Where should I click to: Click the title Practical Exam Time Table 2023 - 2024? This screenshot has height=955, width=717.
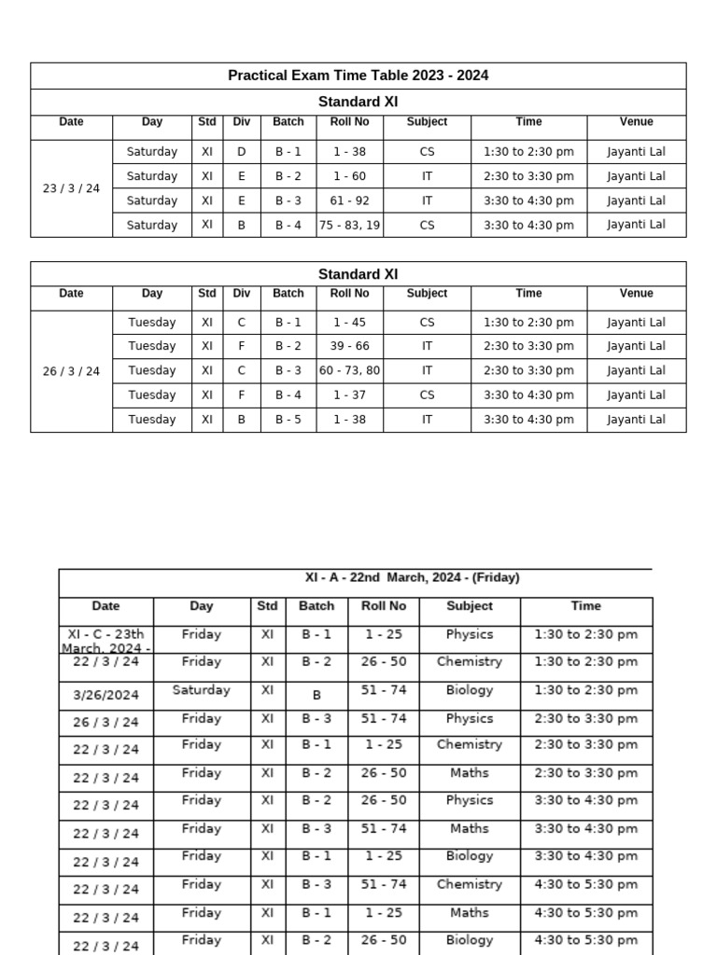tap(358, 76)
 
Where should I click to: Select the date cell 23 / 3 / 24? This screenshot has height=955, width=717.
tap(71, 188)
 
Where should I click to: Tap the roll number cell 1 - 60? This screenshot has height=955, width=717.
tap(349, 176)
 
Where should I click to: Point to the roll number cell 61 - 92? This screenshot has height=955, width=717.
tap(349, 201)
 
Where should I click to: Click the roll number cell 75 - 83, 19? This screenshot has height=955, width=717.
tap(349, 225)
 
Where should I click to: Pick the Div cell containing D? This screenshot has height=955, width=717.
tap(242, 151)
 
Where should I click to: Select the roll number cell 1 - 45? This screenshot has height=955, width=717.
tap(349, 323)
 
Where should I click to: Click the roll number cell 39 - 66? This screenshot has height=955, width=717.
tap(349, 346)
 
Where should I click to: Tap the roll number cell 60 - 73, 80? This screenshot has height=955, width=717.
tap(349, 370)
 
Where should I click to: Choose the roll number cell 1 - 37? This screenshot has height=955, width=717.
tap(349, 394)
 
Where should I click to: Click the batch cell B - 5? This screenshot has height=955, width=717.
tap(288, 420)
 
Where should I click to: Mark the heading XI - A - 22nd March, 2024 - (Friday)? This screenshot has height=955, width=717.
tap(412, 578)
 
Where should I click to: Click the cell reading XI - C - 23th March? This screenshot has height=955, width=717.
tap(106, 641)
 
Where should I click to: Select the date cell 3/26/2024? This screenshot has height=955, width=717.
tap(105, 693)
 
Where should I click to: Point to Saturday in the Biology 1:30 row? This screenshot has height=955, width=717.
tap(201, 690)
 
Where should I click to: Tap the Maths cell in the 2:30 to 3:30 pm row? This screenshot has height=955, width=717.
tap(469, 773)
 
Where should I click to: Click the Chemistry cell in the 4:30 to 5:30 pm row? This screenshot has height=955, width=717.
tap(469, 884)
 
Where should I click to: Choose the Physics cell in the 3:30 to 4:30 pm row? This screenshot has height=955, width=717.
tap(469, 800)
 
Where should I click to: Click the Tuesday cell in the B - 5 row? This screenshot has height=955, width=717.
tap(151, 420)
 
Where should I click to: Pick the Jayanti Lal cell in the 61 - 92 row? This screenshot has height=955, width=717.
tap(636, 201)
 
